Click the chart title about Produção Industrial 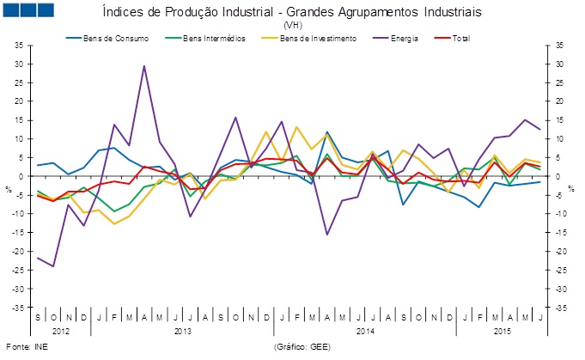[291, 13]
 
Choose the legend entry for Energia [401, 39]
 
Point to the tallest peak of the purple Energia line [144, 65]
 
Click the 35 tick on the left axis [21, 46]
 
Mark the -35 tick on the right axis [559, 308]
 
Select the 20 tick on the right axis [559, 101]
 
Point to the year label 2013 [181, 330]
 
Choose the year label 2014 [363, 330]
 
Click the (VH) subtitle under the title [291, 26]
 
